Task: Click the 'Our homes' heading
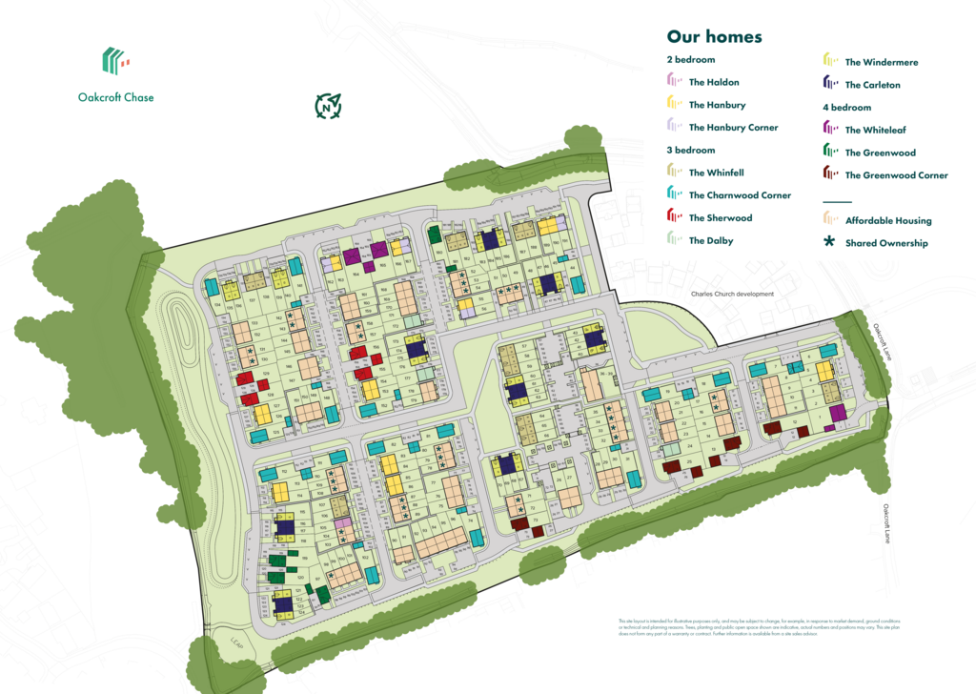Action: click(x=714, y=37)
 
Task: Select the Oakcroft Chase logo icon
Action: click(x=115, y=62)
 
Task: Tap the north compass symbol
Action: click(x=329, y=106)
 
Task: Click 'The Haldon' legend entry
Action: click(x=714, y=82)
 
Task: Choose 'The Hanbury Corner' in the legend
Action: click(x=733, y=127)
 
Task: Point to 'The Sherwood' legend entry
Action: click(x=720, y=217)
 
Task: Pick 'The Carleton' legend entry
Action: click(x=872, y=85)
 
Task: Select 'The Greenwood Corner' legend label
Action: click(x=896, y=175)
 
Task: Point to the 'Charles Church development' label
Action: click(x=732, y=295)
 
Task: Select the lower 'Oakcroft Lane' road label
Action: click(x=886, y=523)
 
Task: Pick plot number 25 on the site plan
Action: click(x=688, y=462)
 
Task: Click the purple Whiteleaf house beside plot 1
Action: click(x=838, y=413)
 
